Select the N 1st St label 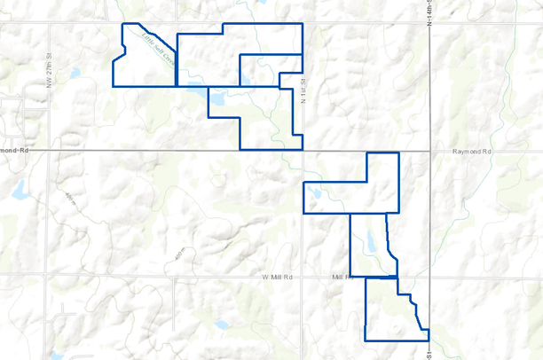302,90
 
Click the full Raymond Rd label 470,153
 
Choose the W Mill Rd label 277,278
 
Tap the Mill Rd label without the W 341,278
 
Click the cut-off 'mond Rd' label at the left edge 15,152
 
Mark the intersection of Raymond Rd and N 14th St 429,152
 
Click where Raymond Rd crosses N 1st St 303,152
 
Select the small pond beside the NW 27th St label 75,72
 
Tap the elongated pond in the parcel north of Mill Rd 370,241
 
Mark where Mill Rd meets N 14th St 429,278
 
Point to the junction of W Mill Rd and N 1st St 303,278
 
